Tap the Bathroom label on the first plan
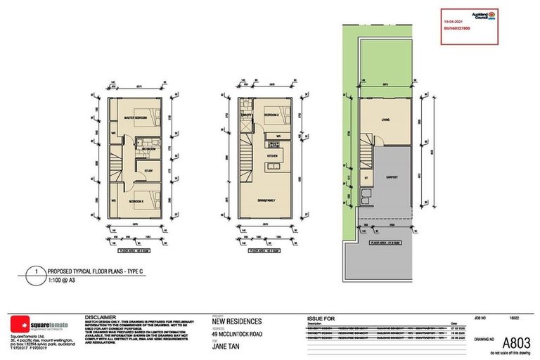click(148, 149)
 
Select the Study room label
click(148, 170)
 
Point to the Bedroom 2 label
click(136, 202)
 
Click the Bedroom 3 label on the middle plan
click(273, 112)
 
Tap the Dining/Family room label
click(267, 201)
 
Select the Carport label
click(392, 178)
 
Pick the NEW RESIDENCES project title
click(238, 320)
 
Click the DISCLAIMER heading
click(100, 317)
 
